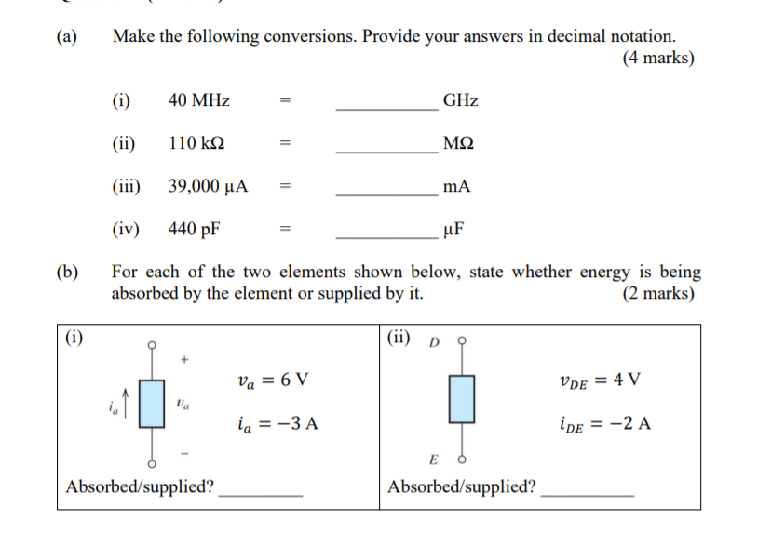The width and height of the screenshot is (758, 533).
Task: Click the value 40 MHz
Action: point(199,100)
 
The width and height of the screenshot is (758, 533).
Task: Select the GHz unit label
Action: point(460,100)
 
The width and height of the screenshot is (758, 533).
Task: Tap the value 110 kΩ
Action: point(196,143)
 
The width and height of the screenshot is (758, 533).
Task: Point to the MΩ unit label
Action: point(458,143)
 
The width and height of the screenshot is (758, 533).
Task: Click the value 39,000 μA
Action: point(208,185)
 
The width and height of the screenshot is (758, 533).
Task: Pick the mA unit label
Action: point(457,185)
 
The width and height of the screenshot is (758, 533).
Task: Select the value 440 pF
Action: point(195,228)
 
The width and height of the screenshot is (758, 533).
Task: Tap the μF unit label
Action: point(455,228)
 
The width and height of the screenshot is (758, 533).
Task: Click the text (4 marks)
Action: point(657,58)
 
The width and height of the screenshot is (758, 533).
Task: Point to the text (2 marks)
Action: point(657,293)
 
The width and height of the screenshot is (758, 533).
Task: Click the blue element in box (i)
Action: point(152,403)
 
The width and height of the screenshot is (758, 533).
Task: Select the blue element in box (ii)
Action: point(461,397)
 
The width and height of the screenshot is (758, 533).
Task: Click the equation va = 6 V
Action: point(273,380)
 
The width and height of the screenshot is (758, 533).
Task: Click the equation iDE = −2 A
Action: point(605,424)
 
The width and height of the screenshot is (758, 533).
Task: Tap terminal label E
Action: point(433,460)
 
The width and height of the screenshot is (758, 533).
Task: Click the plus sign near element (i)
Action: point(184,358)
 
